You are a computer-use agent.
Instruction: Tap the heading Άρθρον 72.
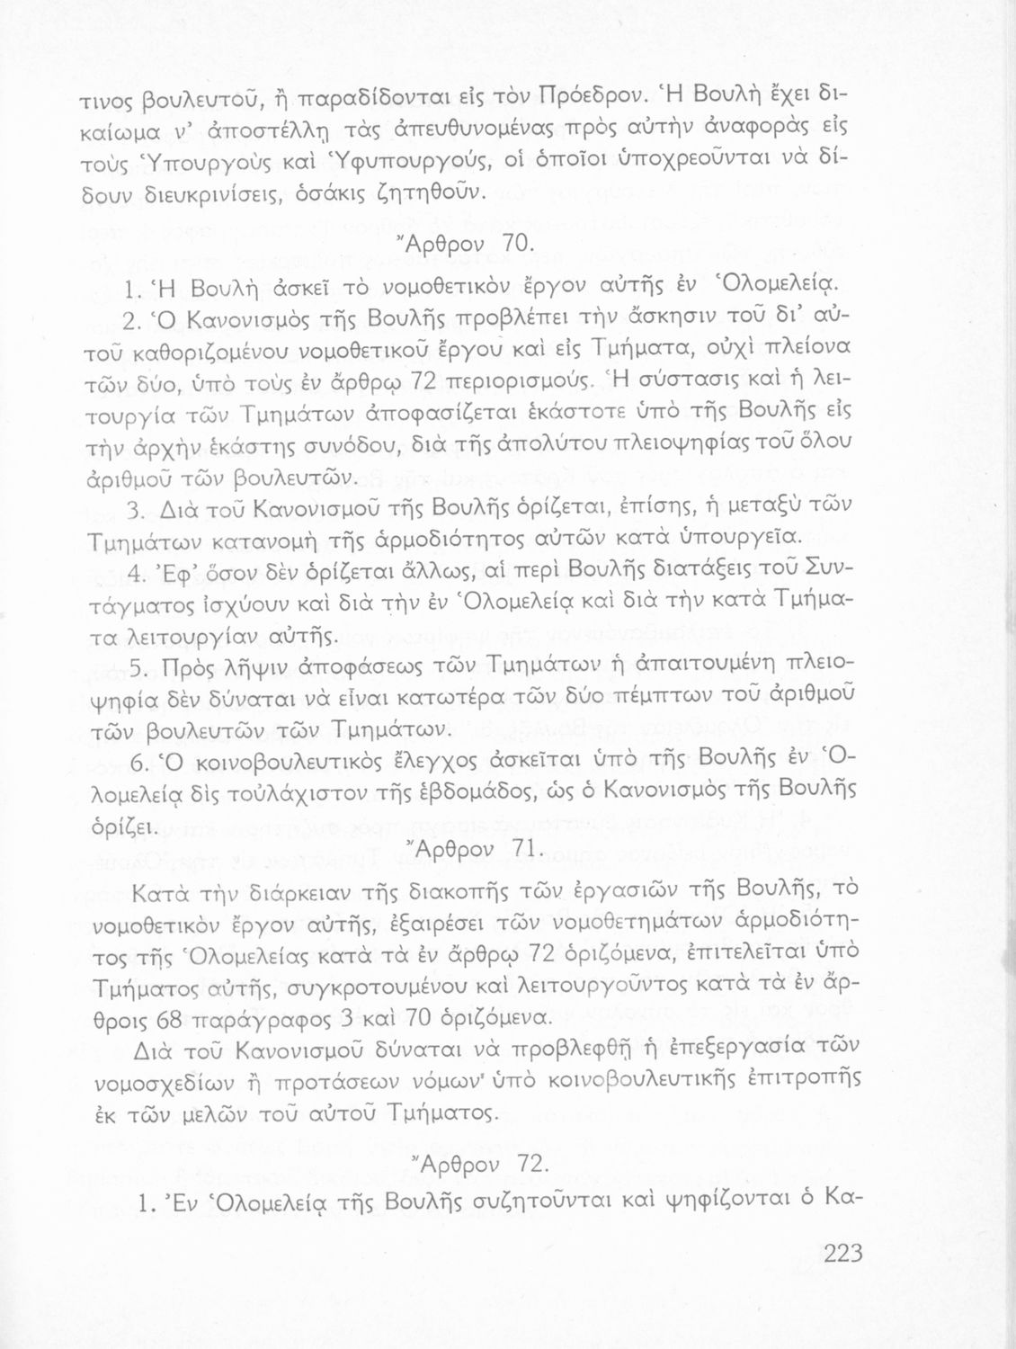pos(479,1163)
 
